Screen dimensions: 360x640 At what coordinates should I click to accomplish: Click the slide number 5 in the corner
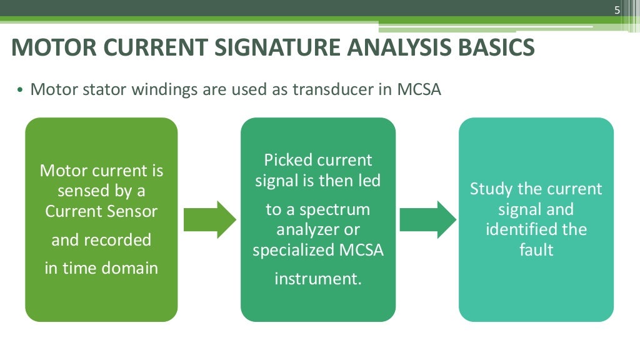(x=617, y=10)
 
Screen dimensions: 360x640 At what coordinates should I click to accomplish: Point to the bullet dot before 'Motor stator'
(x=20, y=91)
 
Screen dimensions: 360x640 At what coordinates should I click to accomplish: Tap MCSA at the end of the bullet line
(x=419, y=89)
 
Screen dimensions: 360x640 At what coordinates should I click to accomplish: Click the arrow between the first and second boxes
(x=209, y=220)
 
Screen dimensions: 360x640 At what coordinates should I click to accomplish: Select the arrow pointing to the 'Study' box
(x=427, y=220)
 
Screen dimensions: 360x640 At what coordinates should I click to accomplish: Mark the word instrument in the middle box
(x=318, y=278)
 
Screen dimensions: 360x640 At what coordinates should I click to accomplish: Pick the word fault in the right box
(x=536, y=250)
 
